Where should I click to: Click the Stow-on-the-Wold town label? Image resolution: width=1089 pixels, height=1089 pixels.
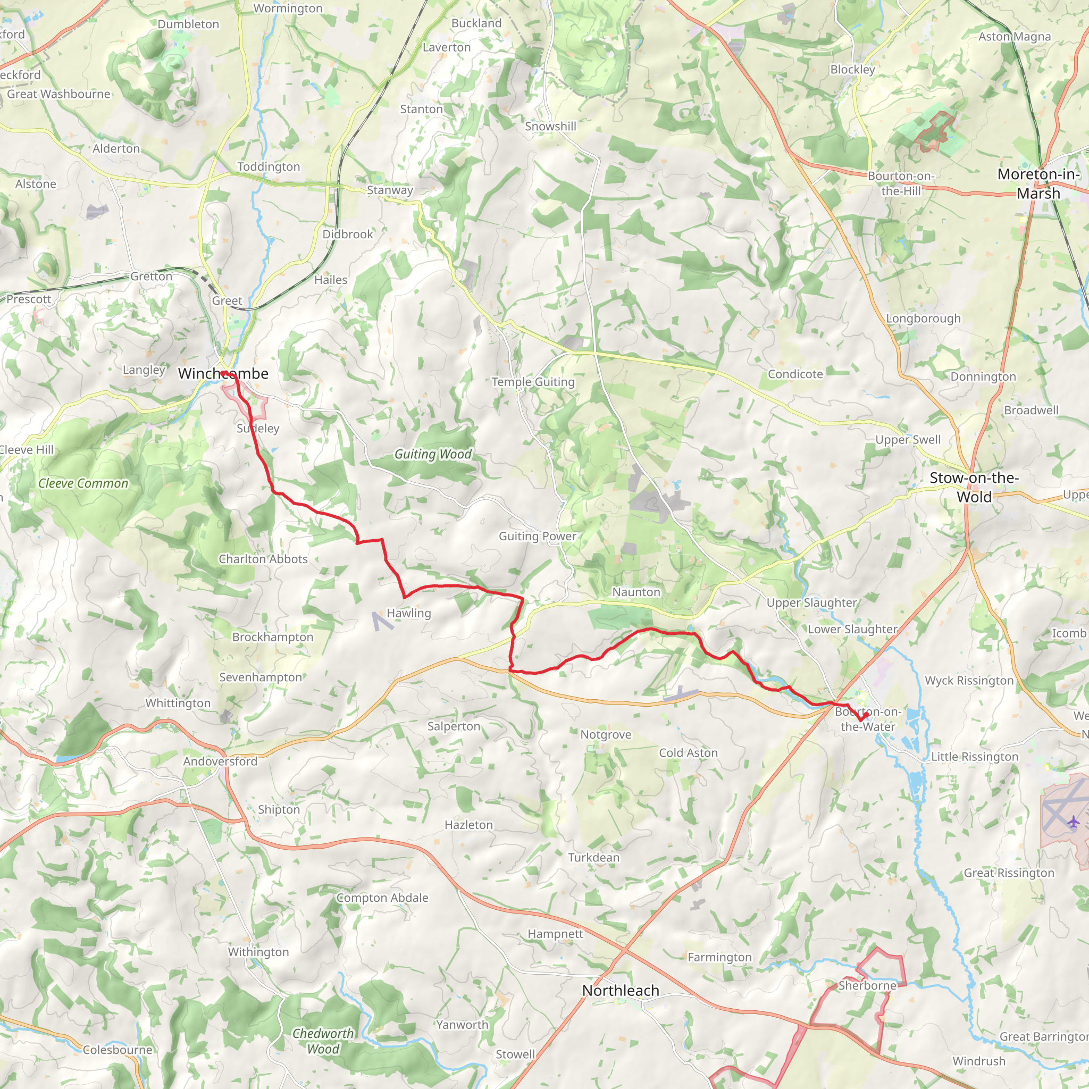[x=974, y=487]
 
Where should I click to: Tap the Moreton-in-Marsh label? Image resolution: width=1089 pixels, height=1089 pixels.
[x=1038, y=184]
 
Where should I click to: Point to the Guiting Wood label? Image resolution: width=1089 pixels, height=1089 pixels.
[x=432, y=454]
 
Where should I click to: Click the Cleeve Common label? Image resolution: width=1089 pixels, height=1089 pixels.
[x=83, y=484]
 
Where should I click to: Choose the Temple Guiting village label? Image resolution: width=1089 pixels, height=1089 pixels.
[x=533, y=382]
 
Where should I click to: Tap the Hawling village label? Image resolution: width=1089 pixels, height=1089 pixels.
[x=409, y=613]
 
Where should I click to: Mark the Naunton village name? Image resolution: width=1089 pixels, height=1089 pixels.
[x=636, y=592]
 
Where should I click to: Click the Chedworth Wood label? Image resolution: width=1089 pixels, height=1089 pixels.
[x=323, y=1041]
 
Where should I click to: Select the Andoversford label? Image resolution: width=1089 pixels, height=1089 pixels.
[x=220, y=761]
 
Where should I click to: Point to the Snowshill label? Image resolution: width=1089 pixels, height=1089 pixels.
[x=550, y=126]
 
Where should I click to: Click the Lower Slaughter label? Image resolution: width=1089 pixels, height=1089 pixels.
[x=852, y=629]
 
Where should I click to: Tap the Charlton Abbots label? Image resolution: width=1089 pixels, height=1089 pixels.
[x=263, y=559]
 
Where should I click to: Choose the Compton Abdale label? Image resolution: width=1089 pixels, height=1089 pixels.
[x=382, y=898]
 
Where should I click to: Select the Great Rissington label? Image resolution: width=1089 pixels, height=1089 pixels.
[x=1008, y=873]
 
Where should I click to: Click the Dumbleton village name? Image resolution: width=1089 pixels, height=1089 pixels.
[x=188, y=24]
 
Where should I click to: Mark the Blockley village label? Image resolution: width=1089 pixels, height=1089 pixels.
[x=852, y=69]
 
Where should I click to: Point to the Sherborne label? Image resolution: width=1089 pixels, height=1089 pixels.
[x=867, y=986]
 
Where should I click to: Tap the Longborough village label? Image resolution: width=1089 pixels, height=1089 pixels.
[x=923, y=319]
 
